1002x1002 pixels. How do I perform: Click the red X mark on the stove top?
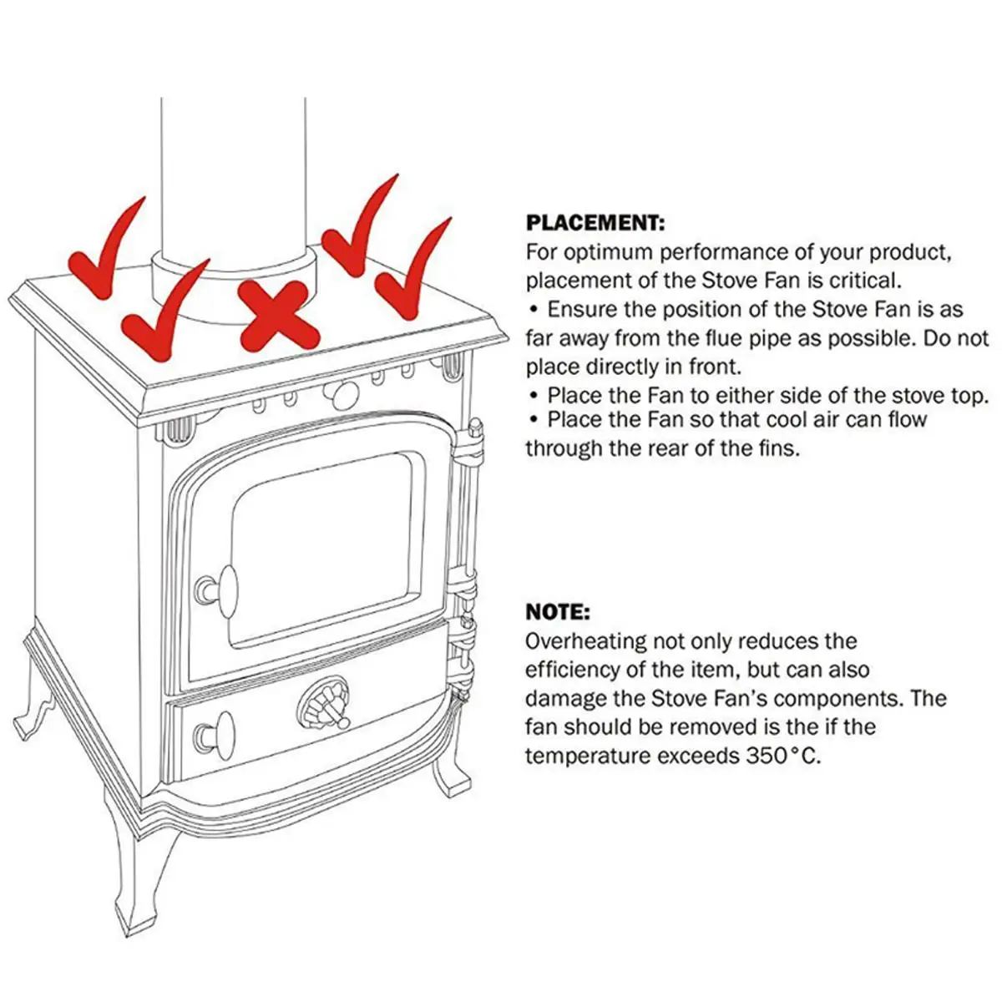pyautogui.click(x=279, y=316)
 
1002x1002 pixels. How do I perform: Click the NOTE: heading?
pyautogui.click(x=558, y=612)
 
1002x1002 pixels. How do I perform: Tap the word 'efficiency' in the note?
pyautogui.click(x=579, y=670)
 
